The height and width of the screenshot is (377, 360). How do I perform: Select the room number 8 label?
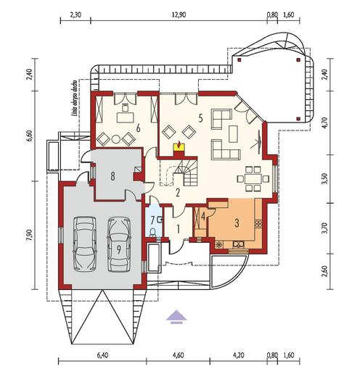113,175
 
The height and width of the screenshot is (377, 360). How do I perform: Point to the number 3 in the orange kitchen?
237,223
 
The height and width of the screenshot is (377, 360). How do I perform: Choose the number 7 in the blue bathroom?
152,220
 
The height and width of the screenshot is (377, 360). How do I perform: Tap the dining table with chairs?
253,177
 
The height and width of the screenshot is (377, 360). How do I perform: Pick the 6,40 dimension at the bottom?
102,356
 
